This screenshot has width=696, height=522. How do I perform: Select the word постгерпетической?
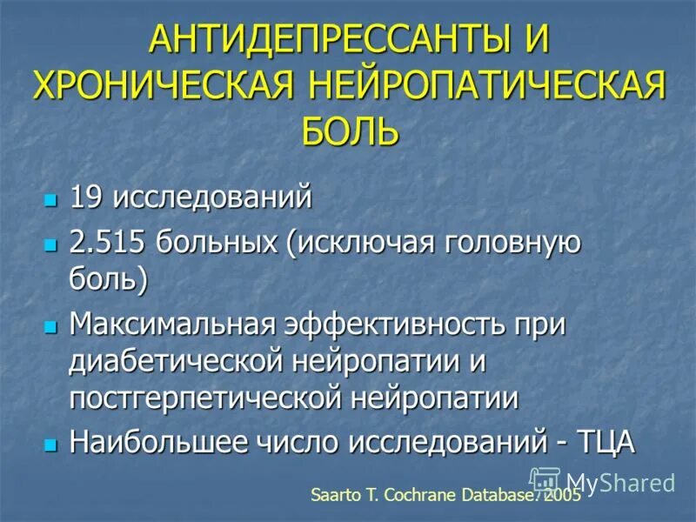coord(205,398)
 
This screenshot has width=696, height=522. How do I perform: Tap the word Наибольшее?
coord(154,442)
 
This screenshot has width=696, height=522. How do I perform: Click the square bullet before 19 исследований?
coord(50,200)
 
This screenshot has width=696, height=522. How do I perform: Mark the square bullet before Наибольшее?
coord(50,444)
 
